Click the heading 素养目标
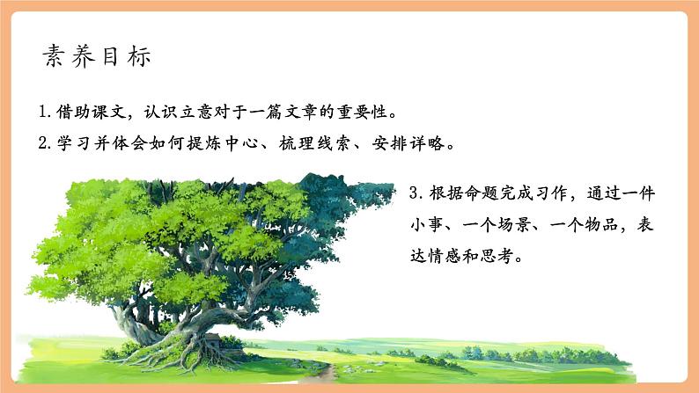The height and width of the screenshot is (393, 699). pos(98,56)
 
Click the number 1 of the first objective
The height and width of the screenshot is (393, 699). pos(44,113)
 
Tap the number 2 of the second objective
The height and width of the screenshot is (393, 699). pos(44,143)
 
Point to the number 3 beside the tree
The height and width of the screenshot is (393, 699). pos(416,193)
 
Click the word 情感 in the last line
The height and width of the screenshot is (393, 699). pos(451,258)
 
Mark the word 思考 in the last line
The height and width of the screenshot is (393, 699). pos(510,258)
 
